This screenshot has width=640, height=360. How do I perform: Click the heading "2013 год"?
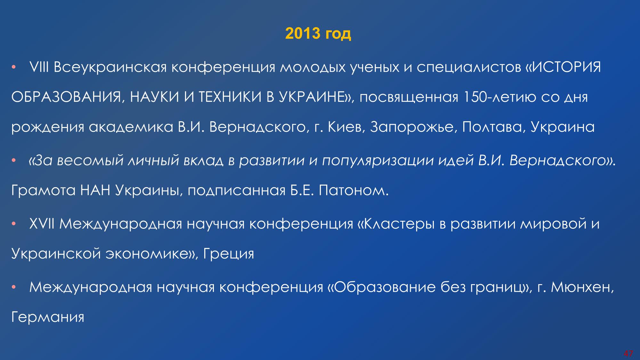318,34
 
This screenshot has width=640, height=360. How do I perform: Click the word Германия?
48,317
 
